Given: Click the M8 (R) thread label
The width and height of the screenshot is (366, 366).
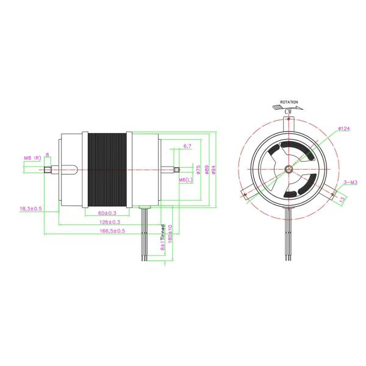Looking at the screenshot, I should (x=32, y=159).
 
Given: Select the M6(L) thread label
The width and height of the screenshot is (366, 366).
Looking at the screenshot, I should (x=185, y=181).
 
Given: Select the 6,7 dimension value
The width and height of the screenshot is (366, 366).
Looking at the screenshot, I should (x=187, y=146).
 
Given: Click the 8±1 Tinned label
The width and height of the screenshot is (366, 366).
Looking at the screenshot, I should (x=162, y=239).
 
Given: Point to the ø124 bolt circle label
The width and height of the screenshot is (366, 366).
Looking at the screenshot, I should (x=343, y=128).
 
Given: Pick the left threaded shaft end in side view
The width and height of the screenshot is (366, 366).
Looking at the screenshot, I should (x=50, y=170).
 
